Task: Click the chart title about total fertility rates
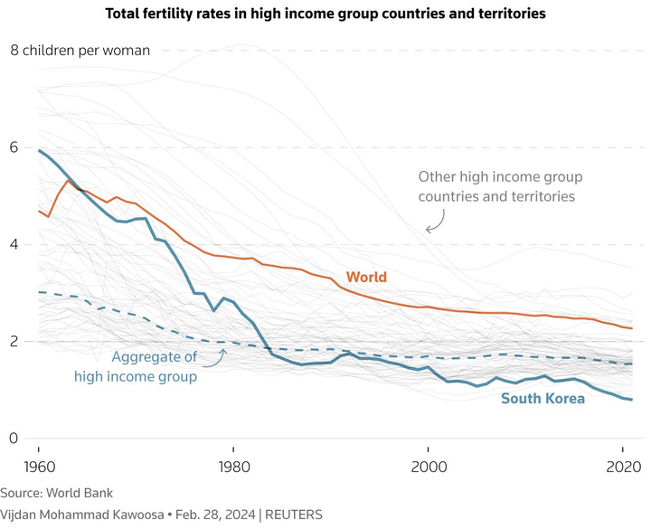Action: point(325,14)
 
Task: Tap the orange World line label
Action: point(366,277)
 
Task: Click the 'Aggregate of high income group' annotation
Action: point(153,366)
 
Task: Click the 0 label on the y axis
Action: point(14,439)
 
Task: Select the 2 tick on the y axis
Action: point(14,342)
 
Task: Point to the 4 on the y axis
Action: point(14,244)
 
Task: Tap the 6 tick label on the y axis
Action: point(14,147)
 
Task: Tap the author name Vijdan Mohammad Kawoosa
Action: point(81,514)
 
